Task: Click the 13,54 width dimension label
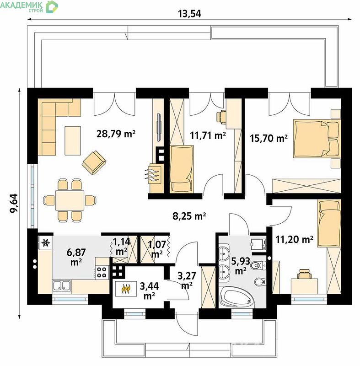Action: click(189, 14)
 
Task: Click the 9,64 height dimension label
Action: click(14, 203)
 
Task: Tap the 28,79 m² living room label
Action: click(116, 134)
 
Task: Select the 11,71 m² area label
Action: click(208, 135)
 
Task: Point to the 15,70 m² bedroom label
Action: click(269, 138)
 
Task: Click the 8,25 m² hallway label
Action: click(189, 216)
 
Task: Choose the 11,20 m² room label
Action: click(295, 239)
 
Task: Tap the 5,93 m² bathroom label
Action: click(241, 266)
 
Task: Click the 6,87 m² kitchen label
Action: click(76, 257)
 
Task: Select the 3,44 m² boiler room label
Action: click(149, 291)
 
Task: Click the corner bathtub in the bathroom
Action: click(236, 296)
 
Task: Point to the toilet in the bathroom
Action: click(258, 265)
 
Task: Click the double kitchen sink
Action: click(62, 285)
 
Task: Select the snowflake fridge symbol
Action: click(46, 243)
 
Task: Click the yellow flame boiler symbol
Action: click(125, 289)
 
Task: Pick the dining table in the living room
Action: click(70, 200)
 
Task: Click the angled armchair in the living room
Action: click(94, 162)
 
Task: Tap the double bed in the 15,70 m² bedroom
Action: click(317, 139)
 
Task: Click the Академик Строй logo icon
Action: click(52, 7)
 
